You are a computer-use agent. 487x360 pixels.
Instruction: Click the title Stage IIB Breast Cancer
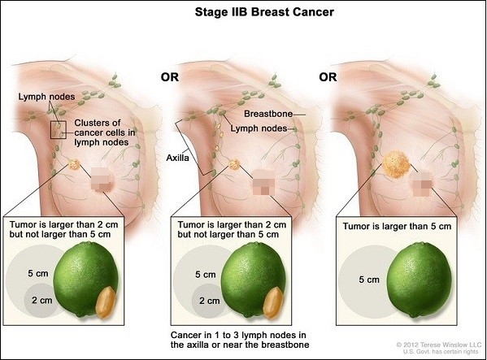264,12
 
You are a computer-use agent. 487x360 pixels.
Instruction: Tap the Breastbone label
268,114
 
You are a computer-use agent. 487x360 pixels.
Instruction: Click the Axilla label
177,158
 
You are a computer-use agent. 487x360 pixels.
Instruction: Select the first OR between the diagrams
170,77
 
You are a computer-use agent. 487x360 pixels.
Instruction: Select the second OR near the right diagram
328,77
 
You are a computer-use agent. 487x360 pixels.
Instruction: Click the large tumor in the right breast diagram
396,163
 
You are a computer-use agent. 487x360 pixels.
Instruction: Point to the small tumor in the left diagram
74,164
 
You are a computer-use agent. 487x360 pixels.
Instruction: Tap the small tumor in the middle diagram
234,164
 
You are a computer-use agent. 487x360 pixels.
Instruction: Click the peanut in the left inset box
106,302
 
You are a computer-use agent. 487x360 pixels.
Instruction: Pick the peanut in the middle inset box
273,303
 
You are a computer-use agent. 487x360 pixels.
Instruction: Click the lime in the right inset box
419,280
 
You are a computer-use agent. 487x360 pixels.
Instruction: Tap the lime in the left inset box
85,279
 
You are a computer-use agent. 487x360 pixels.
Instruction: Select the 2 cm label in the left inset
42,300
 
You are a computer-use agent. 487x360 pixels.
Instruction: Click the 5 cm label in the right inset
369,280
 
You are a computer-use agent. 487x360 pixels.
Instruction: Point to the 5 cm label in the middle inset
206,275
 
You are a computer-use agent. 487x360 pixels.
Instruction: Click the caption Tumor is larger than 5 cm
397,226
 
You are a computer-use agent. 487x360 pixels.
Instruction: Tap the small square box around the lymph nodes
59,130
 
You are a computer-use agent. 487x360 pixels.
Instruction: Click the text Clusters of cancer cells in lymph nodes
105,132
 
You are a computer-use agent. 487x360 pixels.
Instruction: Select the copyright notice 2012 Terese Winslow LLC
439,345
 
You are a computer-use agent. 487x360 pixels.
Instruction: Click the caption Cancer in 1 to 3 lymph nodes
238,335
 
